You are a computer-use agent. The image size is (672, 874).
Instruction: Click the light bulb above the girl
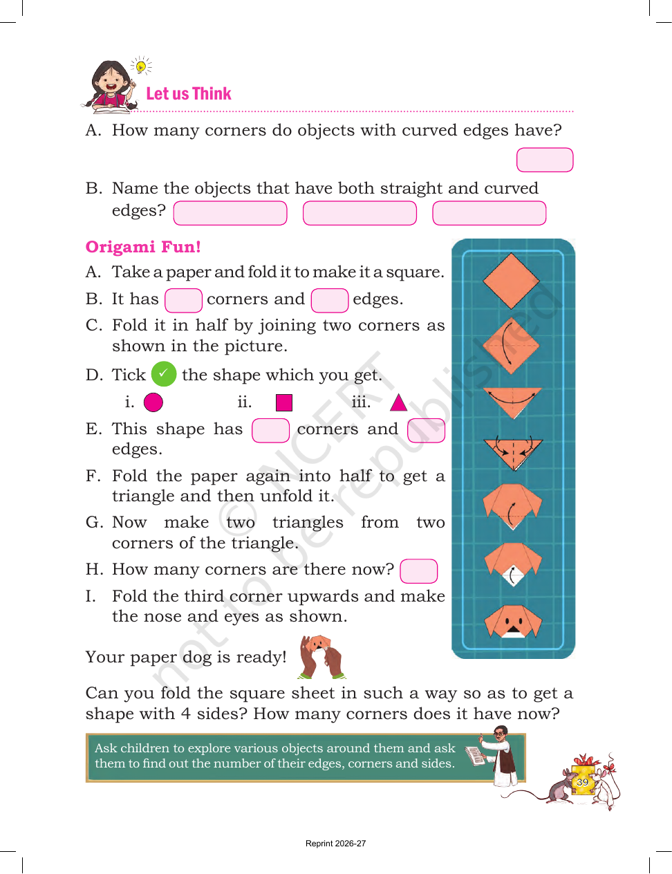pos(140,66)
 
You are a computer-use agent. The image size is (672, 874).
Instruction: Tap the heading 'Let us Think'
pos(189,94)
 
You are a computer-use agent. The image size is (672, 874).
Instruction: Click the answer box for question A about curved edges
pos(545,160)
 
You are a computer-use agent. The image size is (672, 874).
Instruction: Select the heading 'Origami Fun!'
pos(142,247)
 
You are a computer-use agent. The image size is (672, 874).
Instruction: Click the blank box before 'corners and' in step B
pos(183,300)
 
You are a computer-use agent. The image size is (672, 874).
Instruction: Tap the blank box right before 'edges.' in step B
pos(329,300)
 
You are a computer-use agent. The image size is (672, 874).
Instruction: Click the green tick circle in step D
pos(164,373)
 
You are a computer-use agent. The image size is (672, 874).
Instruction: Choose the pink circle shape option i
pos(153,402)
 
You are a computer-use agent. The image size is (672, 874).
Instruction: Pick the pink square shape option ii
pos(284,402)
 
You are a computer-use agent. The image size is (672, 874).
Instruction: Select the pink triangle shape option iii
pos(398,403)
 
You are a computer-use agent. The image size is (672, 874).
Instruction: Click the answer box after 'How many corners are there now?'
pos(419,570)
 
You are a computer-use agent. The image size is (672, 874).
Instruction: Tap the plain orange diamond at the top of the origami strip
pos(511,281)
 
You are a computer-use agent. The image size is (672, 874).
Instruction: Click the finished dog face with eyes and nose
pos(513,622)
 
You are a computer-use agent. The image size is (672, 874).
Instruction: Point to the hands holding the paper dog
pos(321,657)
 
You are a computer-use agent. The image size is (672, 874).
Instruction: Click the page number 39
pos(582,782)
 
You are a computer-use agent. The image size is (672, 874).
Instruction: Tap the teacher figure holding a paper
pos(496,756)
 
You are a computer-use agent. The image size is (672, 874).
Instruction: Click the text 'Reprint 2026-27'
pos(336,844)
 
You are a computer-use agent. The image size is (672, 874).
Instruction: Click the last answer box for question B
pos(489,213)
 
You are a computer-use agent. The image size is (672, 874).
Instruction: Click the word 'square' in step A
pos(414,272)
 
